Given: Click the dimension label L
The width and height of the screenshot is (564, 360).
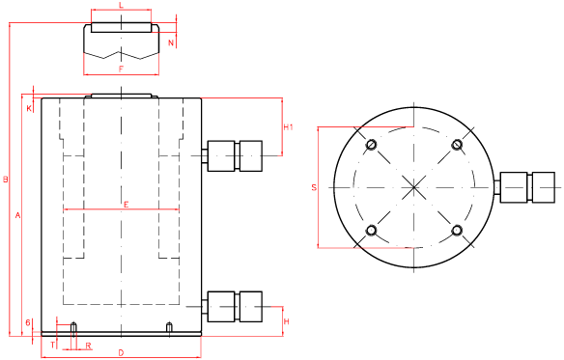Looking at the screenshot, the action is click(122, 5).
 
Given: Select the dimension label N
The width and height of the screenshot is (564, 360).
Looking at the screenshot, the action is click(171, 42).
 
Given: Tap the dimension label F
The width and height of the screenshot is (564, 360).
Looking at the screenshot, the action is click(122, 69).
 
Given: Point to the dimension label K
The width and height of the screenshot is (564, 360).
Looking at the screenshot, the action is click(29, 108).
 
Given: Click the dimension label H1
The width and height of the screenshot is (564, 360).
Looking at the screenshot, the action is click(289, 127).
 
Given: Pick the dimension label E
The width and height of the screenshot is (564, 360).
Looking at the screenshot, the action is click(126, 205).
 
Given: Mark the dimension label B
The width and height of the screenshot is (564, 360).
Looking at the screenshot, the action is click(6, 180).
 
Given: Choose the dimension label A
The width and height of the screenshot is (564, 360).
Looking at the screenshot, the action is click(17, 215).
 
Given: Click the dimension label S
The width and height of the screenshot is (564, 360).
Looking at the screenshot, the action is click(314, 187).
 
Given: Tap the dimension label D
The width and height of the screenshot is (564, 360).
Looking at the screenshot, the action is click(122, 352).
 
